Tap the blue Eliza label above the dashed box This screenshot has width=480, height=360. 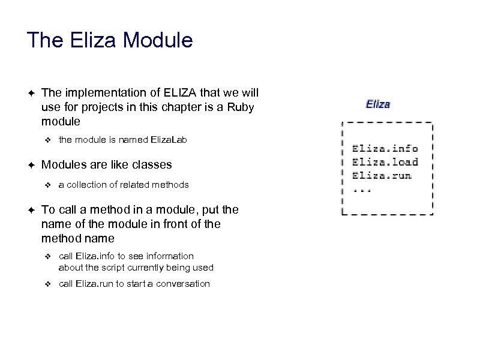coord(378,104)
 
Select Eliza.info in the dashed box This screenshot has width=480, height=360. coord(385,148)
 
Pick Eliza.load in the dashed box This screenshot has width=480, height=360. coord(385,162)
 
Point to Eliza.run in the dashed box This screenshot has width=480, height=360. coord(382,176)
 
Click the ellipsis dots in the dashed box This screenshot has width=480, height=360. coord(362,190)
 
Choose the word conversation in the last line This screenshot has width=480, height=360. coord(183,284)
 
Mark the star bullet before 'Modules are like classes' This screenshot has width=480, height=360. coord(31,165)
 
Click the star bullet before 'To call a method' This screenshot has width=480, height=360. coord(31,210)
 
